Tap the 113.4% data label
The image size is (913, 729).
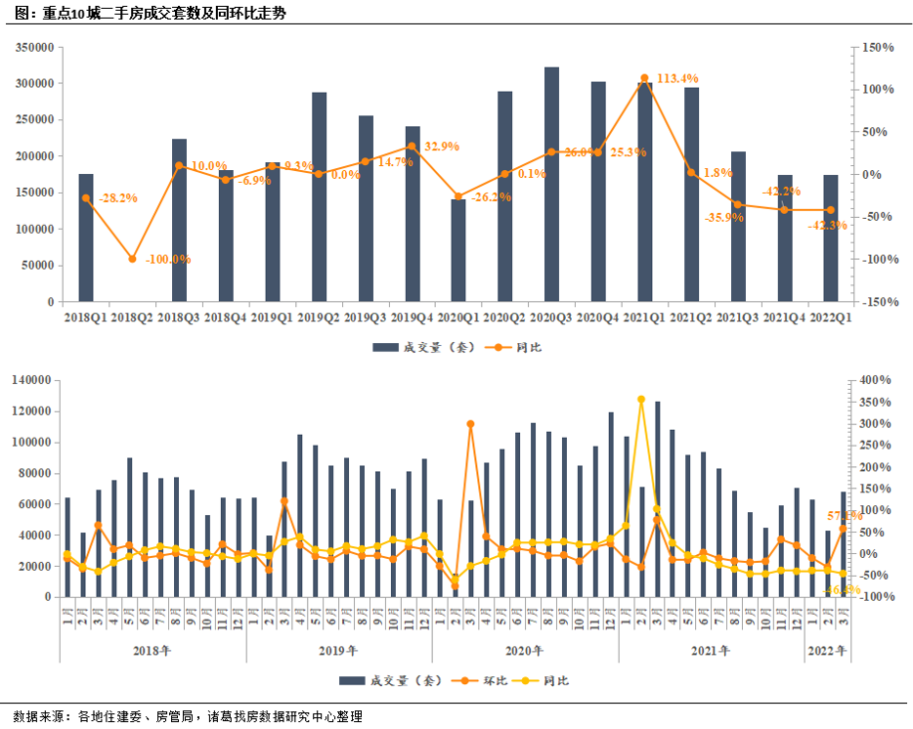pos(677,78)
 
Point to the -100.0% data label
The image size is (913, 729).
pos(168,260)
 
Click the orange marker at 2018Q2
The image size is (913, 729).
pos(132,259)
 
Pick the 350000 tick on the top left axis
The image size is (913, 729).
pos(34,47)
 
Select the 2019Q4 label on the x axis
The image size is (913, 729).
pos(412,317)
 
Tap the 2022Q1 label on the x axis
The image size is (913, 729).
pos(831,317)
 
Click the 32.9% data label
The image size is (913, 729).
pos(441,147)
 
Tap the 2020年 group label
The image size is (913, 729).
pos(525,650)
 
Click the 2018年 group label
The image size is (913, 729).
pos(152,650)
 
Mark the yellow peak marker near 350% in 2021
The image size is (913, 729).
pos(641,400)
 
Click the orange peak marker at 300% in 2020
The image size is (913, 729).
pos(470,424)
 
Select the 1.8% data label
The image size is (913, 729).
pos(718,173)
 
